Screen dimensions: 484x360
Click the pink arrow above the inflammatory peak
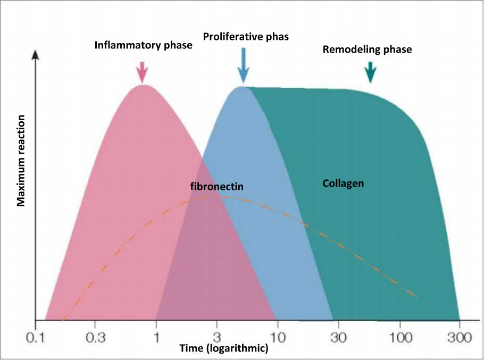[142, 72]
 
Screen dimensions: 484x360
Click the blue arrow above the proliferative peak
[243, 65]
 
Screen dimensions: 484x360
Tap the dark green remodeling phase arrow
[370, 72]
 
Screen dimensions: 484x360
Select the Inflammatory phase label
[143, 45]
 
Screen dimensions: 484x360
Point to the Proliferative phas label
[246, 37]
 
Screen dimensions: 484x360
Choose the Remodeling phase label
[367, 49]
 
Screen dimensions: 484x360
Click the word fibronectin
[216, 186]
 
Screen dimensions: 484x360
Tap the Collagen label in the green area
[343, 183]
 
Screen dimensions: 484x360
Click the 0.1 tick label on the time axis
[35, 338]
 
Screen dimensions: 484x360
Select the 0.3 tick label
[95, 338]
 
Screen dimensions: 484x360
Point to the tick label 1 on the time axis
[156, 338]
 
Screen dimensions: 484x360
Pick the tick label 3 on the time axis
[217, 338]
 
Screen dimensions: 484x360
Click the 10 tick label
[278, 338]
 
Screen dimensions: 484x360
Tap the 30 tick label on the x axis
[338, 338]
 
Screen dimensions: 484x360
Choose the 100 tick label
[400, 338]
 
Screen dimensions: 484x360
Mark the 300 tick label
[460, 338]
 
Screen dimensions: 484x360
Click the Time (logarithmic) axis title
[224, 349]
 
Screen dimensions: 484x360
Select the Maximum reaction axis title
[21, 161]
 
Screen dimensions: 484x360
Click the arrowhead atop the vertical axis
[36, 54]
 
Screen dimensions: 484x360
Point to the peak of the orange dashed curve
[221, 197]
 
